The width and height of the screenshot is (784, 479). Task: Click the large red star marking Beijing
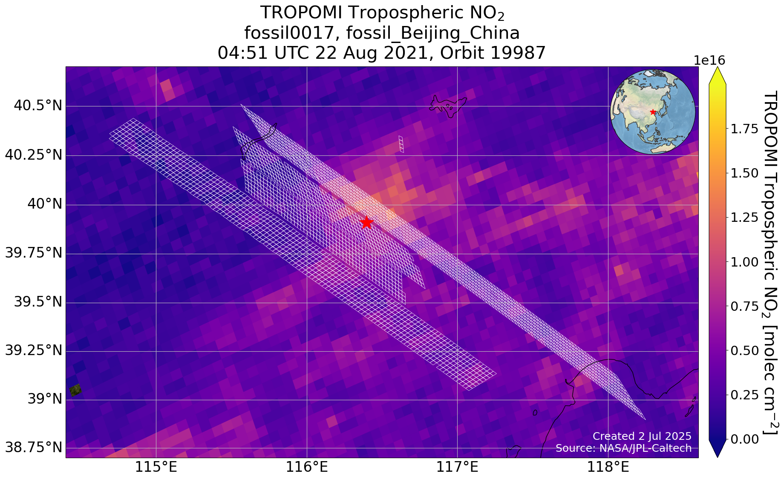[366, 222]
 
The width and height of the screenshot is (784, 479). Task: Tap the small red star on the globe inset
[653, 112]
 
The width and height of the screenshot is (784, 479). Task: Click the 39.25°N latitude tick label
[33, 351]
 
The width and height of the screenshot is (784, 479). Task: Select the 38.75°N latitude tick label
[33, 448]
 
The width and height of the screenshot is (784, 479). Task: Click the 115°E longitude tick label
[156, 468]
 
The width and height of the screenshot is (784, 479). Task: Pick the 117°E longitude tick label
[457, 468]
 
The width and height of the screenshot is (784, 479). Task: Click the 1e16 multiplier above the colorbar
[709, 60]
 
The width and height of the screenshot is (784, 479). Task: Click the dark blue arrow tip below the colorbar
[717, 452]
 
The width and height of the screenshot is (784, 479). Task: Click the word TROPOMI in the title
[301, 13]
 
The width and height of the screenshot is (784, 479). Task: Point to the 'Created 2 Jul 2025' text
[642, 436]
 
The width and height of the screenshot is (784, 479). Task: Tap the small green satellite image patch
[75, 390]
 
